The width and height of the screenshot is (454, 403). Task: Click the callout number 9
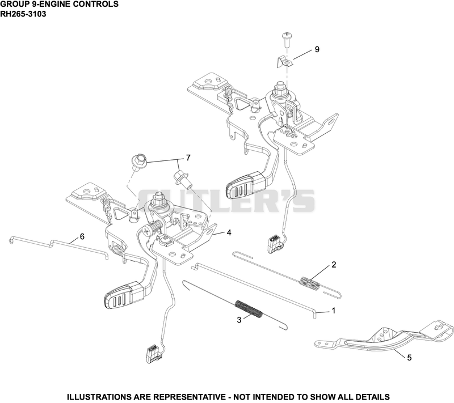(317, 49)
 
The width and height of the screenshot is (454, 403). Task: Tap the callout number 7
(188, 158)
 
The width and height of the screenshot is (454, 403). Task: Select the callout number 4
(229, 232)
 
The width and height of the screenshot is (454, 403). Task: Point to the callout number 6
(82, 237)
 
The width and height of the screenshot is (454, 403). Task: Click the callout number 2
(334, 265)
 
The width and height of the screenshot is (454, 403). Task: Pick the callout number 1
(334, 311)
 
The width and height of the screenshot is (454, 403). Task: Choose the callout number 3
(239, 320)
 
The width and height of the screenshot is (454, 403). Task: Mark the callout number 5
(409, 358)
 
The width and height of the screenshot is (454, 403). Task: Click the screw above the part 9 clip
(287, 39)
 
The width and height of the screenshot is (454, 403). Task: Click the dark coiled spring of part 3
(249, 309)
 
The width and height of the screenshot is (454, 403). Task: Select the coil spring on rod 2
(310, 282)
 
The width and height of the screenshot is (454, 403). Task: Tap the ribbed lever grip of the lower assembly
(124, 296)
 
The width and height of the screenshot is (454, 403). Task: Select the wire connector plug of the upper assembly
(276, 244)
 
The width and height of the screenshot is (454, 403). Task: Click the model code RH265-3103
(23, 14)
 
